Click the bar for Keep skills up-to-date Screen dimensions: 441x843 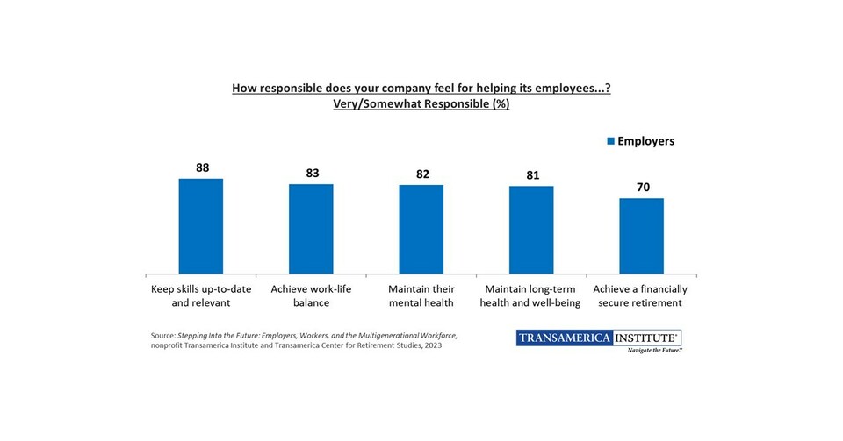(x=201, y=226)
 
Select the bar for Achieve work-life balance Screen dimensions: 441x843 (x=311, y=229)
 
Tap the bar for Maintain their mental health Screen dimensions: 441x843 (x=421, y=230)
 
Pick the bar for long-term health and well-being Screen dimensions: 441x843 (x=531, y=230)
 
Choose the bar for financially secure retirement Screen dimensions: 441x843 (x=641, y=236)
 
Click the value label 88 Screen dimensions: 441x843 (x=202, y=167)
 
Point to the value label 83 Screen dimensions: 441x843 (x=312, y=174)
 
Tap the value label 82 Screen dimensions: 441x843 (x=421, y=174)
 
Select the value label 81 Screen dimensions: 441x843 (x=531, y=175)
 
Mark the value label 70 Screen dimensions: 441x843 (x=641, y=188)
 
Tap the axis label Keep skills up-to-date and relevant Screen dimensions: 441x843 (x=201, y=296)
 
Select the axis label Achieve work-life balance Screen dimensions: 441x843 (x=311, y=296)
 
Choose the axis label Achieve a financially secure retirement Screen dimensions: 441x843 (x=641, y=296)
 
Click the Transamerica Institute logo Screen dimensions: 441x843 (x=599, y=338)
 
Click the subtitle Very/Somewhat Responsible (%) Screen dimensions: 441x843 (x=421, y=104)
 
